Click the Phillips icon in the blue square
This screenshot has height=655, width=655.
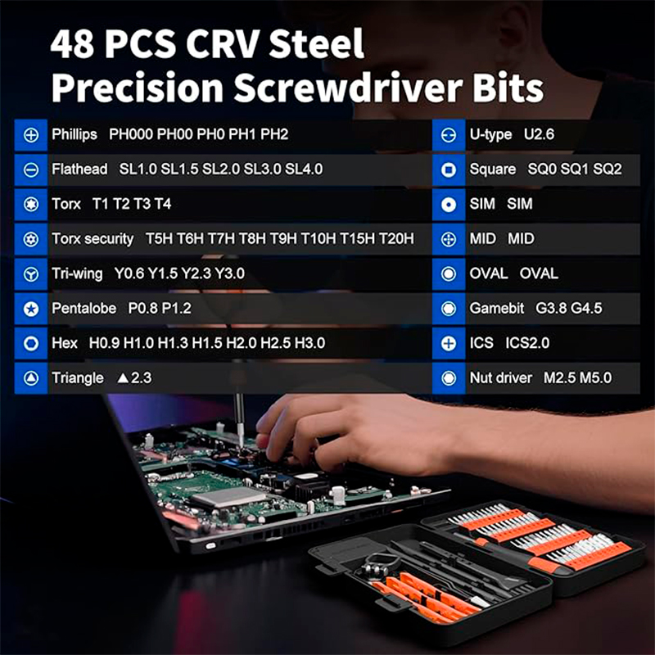[x=31, y=135]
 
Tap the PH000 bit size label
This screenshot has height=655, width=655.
[x=131, y=134]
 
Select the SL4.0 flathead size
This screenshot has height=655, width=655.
[x=304, y=169]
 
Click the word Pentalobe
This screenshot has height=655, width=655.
[x=84, y=309]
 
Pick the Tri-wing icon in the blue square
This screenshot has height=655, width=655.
[x=31, y=274]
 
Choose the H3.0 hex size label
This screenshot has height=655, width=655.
[x=309, y=343]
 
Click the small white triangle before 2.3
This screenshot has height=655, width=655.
[x=123, y=378]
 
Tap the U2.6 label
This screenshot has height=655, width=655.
[x=539, y=134]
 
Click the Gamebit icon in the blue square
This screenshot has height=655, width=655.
[x=449, y=309]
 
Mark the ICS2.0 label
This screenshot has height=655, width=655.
[x=527, y=343]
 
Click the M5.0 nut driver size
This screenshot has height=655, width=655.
[x=596, y=378]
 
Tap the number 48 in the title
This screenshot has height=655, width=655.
[x=72, y=44]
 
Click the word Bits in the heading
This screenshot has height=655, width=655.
[x=508, y=88]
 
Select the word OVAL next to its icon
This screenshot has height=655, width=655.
[x=488, y=273]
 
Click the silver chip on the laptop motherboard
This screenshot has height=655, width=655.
[x=228, y=497]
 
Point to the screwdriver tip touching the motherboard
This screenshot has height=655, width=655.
[x=241, y=446]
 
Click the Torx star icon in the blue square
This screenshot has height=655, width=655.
[x=31, y=204]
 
